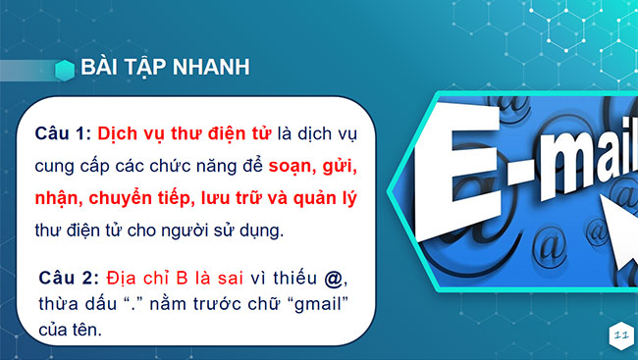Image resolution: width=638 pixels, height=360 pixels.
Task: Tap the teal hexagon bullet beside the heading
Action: (x=66, y=68)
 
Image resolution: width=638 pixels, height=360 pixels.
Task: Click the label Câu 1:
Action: (x=63, y=132)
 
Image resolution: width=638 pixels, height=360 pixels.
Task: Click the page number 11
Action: (x=619, y=335)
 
